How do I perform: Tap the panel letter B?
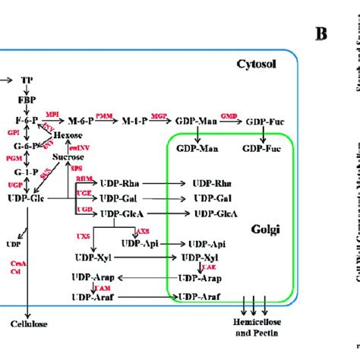coord(323,33)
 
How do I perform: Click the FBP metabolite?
coord(27,99)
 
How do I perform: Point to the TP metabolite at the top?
coord(27,79)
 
